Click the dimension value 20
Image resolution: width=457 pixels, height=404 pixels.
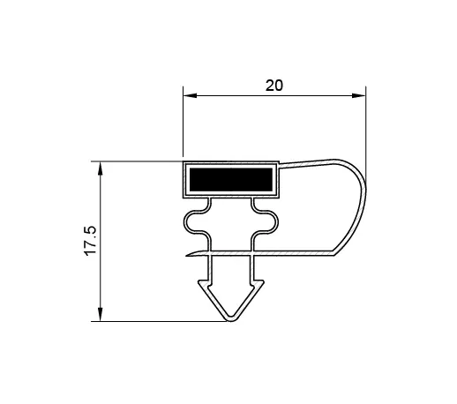(x=273, y=86)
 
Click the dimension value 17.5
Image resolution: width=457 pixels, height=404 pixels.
(x=91, y=241)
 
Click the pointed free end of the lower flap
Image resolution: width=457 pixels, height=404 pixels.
(x=188, y=256)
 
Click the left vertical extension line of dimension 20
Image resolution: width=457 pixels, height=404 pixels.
(x=183, y=123)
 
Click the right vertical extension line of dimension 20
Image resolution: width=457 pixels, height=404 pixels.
(x=365, y=132)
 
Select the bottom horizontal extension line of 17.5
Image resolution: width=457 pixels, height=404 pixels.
(x=159, y=322)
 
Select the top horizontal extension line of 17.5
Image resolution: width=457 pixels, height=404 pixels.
(x=141, y=161)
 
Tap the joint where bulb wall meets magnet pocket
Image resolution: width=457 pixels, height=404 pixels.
(x=280, y=163)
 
